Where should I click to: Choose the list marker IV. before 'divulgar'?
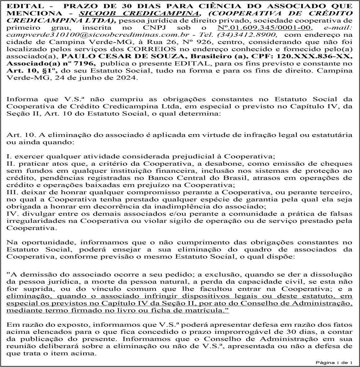[12, 214]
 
